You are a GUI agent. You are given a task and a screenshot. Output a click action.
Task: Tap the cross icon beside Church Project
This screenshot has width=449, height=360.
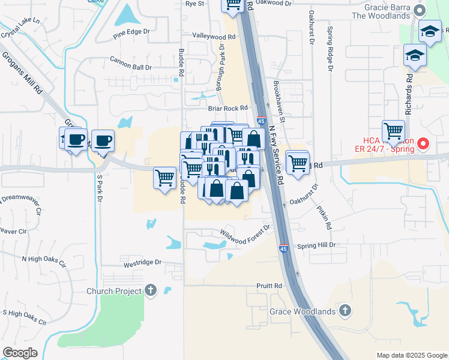click(150, 291)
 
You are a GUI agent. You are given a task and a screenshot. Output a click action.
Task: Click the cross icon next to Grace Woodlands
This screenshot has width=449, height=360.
click(345, 310)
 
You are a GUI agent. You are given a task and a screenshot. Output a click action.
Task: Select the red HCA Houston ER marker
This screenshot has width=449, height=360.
click(423, 143)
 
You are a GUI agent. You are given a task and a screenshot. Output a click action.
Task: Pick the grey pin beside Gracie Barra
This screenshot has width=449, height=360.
click(420, 10)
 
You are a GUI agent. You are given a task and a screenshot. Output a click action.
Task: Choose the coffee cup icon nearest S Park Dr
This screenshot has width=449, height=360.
click(103, 140)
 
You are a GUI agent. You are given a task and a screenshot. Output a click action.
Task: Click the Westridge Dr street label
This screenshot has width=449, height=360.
click(143, 262)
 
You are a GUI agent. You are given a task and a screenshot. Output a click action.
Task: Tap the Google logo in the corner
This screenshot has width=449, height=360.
click(20, 353)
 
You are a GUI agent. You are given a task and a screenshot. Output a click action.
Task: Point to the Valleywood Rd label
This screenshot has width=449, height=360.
click(214, 36)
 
